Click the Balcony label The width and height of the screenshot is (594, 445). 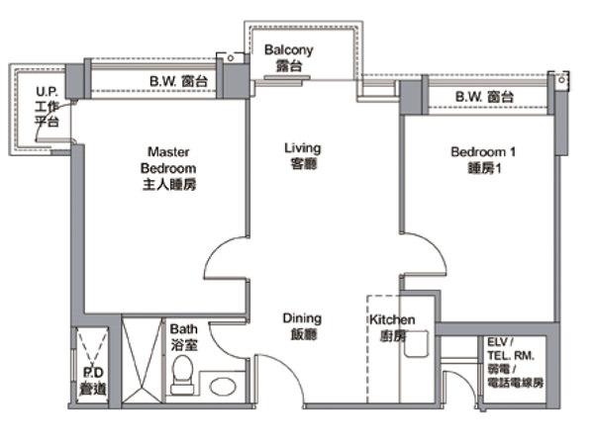pyautogui.click(x=289, y=57)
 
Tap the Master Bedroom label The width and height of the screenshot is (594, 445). pyautogui.click(x=168, y=168)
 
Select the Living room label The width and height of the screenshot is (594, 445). pyautogui.click(x=303, y=155)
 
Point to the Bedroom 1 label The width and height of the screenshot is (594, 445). pyautogui.click(x=483, y=159)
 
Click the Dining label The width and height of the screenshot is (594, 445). pyautogui.click(x=302, y=326)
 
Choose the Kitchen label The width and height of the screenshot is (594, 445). pyautogui.click(x=392, y=327)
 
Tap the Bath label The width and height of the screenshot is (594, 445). pyautogui.click(x=184, y=336)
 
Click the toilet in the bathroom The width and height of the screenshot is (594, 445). pyautogui.click(x=182, y=375)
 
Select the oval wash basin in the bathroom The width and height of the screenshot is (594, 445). pyautogui.click(x=223, y=387)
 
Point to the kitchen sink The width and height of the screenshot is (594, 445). pyautogui.click(x=417, y=343)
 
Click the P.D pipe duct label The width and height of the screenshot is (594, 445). pyautogui.click(x=93, y=381)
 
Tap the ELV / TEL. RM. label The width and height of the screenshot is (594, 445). pyautogui.click(x=516, y=363)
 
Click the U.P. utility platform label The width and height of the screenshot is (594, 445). pyautogui.click(x=47, y=107)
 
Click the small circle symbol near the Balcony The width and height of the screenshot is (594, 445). pyautogui.click(x=231, y=58)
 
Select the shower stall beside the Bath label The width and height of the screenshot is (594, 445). pyautogui.click(x=142, y=360)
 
